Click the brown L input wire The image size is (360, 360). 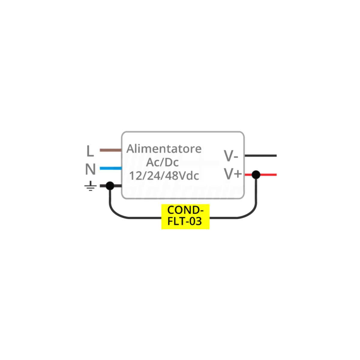[x=111, y=150]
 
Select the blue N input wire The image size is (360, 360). [x=111, y=168]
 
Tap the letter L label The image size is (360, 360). [x=90, y=151]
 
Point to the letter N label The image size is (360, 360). [x=90, y=169]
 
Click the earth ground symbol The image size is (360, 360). [x=90, y=186]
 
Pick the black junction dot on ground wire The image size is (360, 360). [x=110, y=186]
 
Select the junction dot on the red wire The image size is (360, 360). [x=256, y=175]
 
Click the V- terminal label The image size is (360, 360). [x=231, y=156]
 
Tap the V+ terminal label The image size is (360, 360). [x=233, y=174]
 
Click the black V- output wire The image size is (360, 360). [x=261, y=156]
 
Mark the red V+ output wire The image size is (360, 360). [x=261, y=175]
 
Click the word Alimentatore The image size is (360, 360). [x=164, y=149]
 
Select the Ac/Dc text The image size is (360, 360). [x=162, y=162]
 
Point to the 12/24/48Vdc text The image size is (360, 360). [x=164, y=176]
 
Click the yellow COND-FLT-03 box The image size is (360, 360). [x=185, y=217]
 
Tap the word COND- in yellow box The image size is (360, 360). [x=185, y=210]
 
